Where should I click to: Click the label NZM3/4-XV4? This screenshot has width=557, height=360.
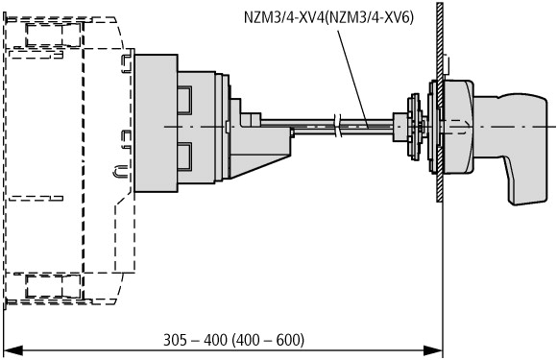point(284,17)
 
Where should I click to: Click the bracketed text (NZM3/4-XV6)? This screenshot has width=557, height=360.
point(369,17)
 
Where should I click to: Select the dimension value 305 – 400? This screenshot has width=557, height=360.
point(195,340)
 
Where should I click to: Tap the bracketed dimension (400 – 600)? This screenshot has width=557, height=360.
point(268,340)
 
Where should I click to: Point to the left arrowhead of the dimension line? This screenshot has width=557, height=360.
point(13,351)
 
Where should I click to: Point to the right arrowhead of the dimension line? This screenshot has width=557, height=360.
point(433,351)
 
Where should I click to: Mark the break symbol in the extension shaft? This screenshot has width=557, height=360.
point(338,126)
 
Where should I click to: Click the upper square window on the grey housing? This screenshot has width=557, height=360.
point(184,100)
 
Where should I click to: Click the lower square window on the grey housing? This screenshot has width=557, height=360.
point(184,156)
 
